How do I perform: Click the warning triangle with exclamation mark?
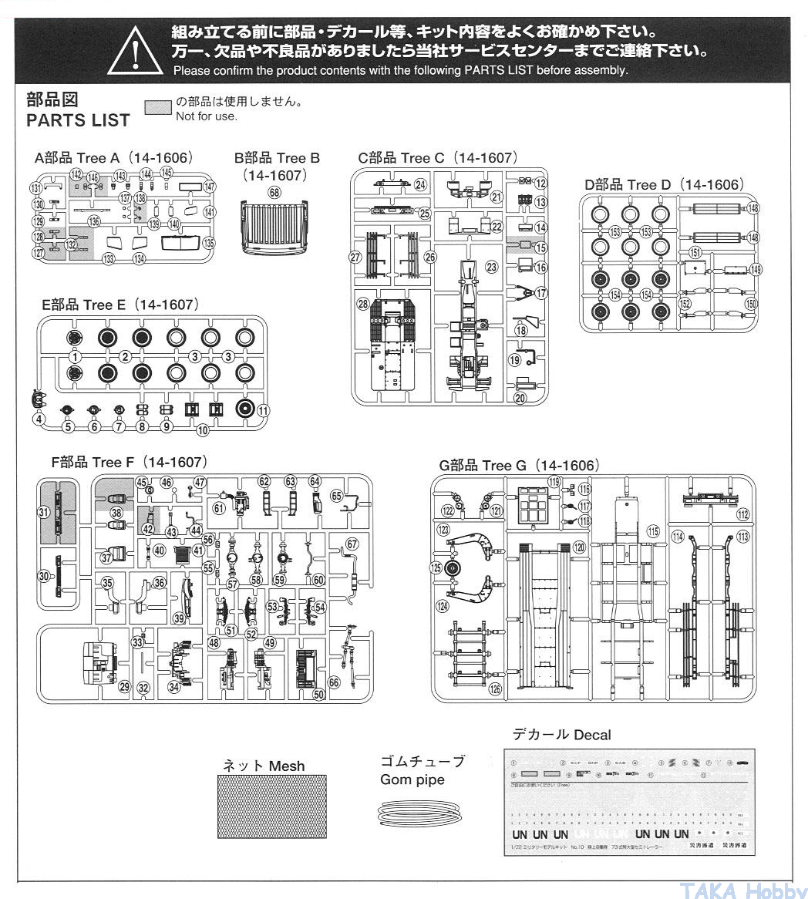pyautogui.click(x=136, y=51)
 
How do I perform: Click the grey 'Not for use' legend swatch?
pyautogui.click(x=158, y=107)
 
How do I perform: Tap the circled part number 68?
pyautogui.click(x=274, y=193)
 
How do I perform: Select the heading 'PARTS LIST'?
pyautogui.click(x=78, y=121)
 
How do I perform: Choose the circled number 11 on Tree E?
pyautogui.click(x=264, y=410)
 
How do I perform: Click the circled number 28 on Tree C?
pyautogui.click(x=362, y=305)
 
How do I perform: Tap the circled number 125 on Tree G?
pyautogui.click(x=437, y=568)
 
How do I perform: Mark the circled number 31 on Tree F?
pyautogui.click(x=44, y=512)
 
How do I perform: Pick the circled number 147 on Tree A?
pyautogui.click(x=210, y=187)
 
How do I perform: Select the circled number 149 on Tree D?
pyautogui.click(x=756, y=270)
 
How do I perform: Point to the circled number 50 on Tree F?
pyautogui.click(x=318, y=694)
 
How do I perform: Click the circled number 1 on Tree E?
pyautogui.click(x=75, y=356)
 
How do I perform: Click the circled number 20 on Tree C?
pyautogui.click(x=519, y=398)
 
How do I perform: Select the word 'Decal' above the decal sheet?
pyautogui.click(x=591, y=735)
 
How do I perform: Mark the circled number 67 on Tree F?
pyautogui.click(x=352, y=544)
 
